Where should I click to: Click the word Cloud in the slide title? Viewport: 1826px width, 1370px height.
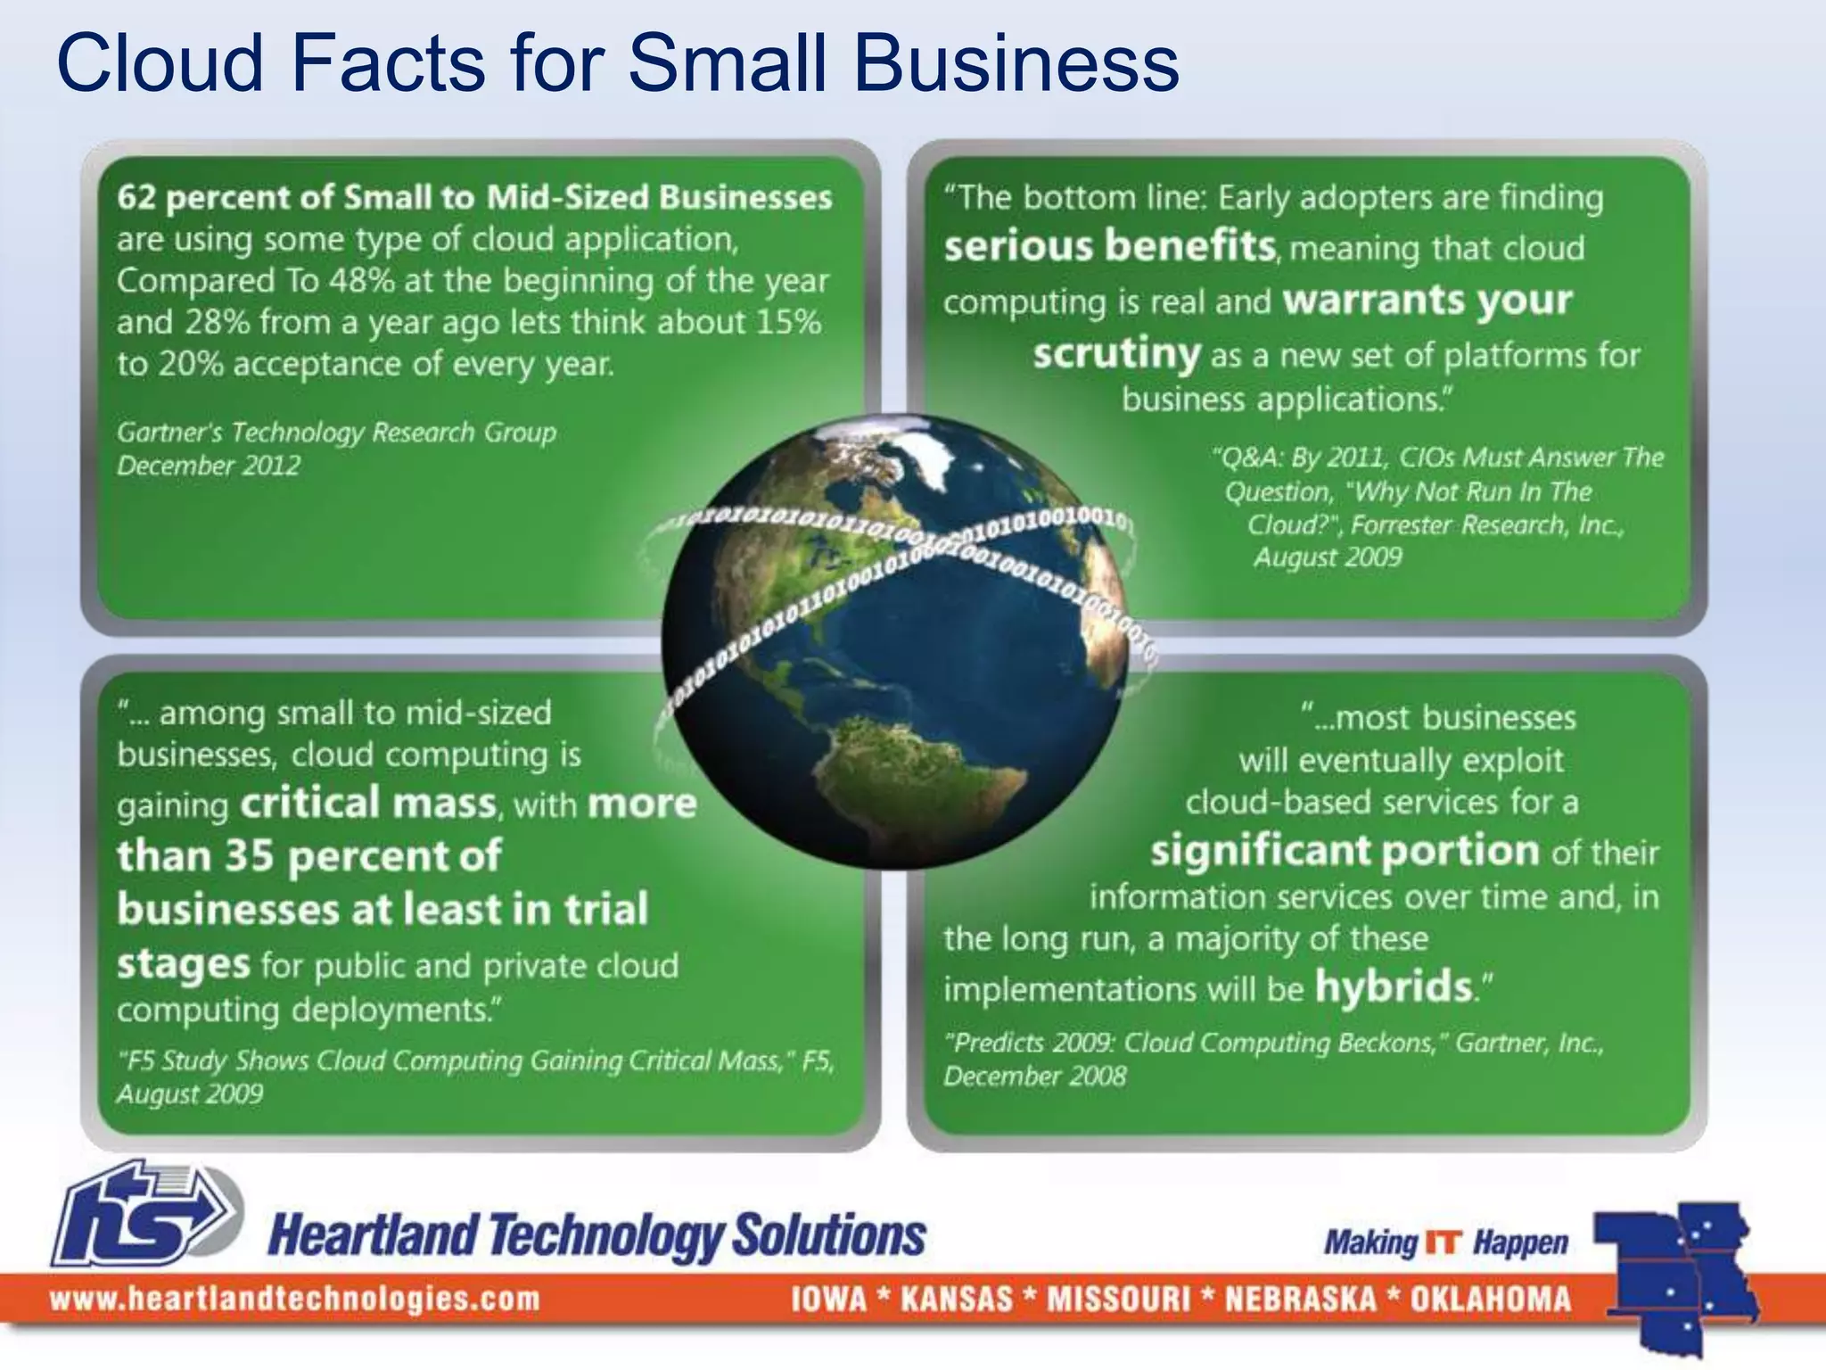(160, 64)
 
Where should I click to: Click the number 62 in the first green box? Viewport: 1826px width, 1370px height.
(136, 197)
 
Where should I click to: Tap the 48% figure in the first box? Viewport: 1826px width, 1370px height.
(362, 281)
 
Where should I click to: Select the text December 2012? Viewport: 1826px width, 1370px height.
(209, 466)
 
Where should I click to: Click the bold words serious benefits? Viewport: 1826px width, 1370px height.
(1109, 245)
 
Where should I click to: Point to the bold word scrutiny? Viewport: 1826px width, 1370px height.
(1116, 354)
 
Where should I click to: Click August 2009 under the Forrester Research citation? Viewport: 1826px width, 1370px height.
(1328, 557)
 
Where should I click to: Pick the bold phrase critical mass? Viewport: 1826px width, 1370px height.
(368, 803)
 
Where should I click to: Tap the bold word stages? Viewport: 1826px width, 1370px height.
(184, 964)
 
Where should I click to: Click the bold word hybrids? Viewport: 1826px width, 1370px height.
(1394, 986)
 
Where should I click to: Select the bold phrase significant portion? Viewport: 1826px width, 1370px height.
(1345, 851)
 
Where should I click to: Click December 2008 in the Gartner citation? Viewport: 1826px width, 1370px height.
(1034, 1077)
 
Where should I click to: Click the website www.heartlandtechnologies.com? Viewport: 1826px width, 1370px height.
(294, 1299)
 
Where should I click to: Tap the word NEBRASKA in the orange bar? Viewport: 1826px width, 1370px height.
(1301, 1299)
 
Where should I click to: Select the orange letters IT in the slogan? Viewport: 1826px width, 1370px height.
(1444, 1242)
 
